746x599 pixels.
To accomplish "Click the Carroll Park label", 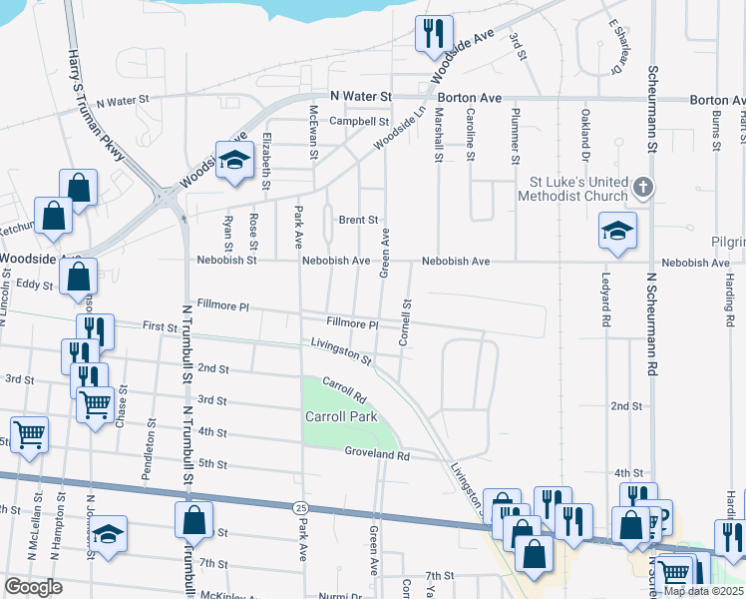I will (x=341, y=416).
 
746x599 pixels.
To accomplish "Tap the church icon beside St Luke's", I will (x=644, y=187).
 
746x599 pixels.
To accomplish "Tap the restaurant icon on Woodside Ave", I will (x=433, y=33).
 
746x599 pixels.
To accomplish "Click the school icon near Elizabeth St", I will (x=234, y=161).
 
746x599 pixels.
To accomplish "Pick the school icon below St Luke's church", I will (x=617, y=231).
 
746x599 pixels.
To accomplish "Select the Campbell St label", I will (x=359, y=122).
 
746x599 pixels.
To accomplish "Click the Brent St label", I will (x=358, y=220).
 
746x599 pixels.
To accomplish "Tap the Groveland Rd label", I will (x=378, y=455).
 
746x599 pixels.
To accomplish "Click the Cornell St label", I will (x=406, y=321).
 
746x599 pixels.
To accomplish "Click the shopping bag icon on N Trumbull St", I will (x=193, y=519).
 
